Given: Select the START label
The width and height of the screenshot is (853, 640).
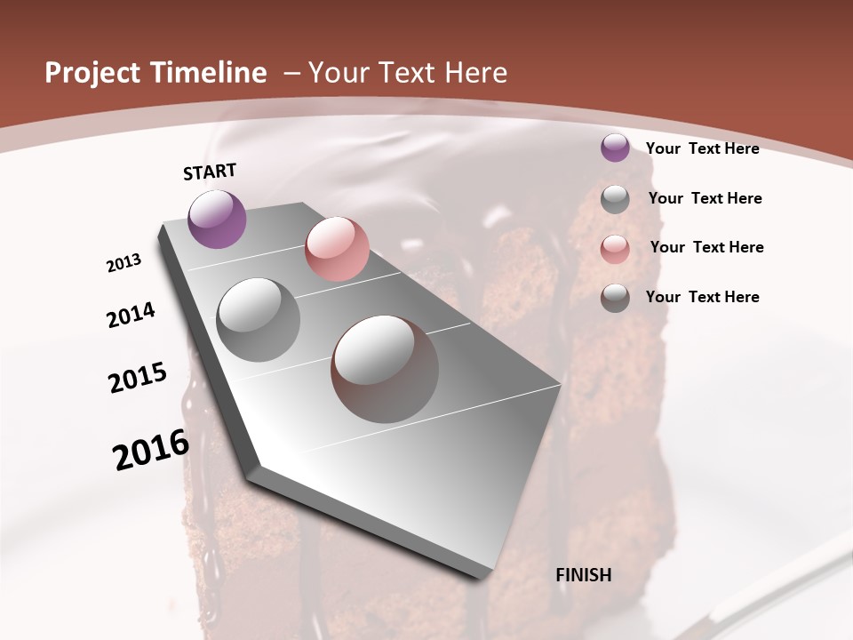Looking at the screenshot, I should (x=210, y=172).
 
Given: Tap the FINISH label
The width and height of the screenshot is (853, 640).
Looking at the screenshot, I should (x=584, y=575).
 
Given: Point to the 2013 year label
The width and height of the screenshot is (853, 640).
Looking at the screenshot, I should (x=124, y=263).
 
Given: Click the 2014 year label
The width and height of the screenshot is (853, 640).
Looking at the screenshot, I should (x=131, y=315).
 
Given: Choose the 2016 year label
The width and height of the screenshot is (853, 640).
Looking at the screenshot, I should (x=151, y=450).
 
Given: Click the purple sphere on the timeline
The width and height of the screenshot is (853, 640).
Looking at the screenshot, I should (x=218, y=219).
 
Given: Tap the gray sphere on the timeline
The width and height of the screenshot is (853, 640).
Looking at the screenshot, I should (x=259, y=320).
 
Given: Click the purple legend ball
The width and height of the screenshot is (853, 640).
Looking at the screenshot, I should (x=615, y=148).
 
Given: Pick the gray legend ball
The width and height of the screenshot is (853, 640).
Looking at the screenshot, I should (x=615, y=199).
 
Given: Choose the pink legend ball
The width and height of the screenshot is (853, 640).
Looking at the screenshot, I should (x=615, y=249).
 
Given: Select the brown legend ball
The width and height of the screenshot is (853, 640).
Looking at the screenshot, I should (x=615, y=299).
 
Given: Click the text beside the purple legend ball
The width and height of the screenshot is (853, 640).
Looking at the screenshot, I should (x=702, y=148).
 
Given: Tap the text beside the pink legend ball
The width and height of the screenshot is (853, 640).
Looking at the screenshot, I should (x=706, y=247).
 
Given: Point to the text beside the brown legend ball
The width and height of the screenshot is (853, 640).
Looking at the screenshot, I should (x=702, y=297).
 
